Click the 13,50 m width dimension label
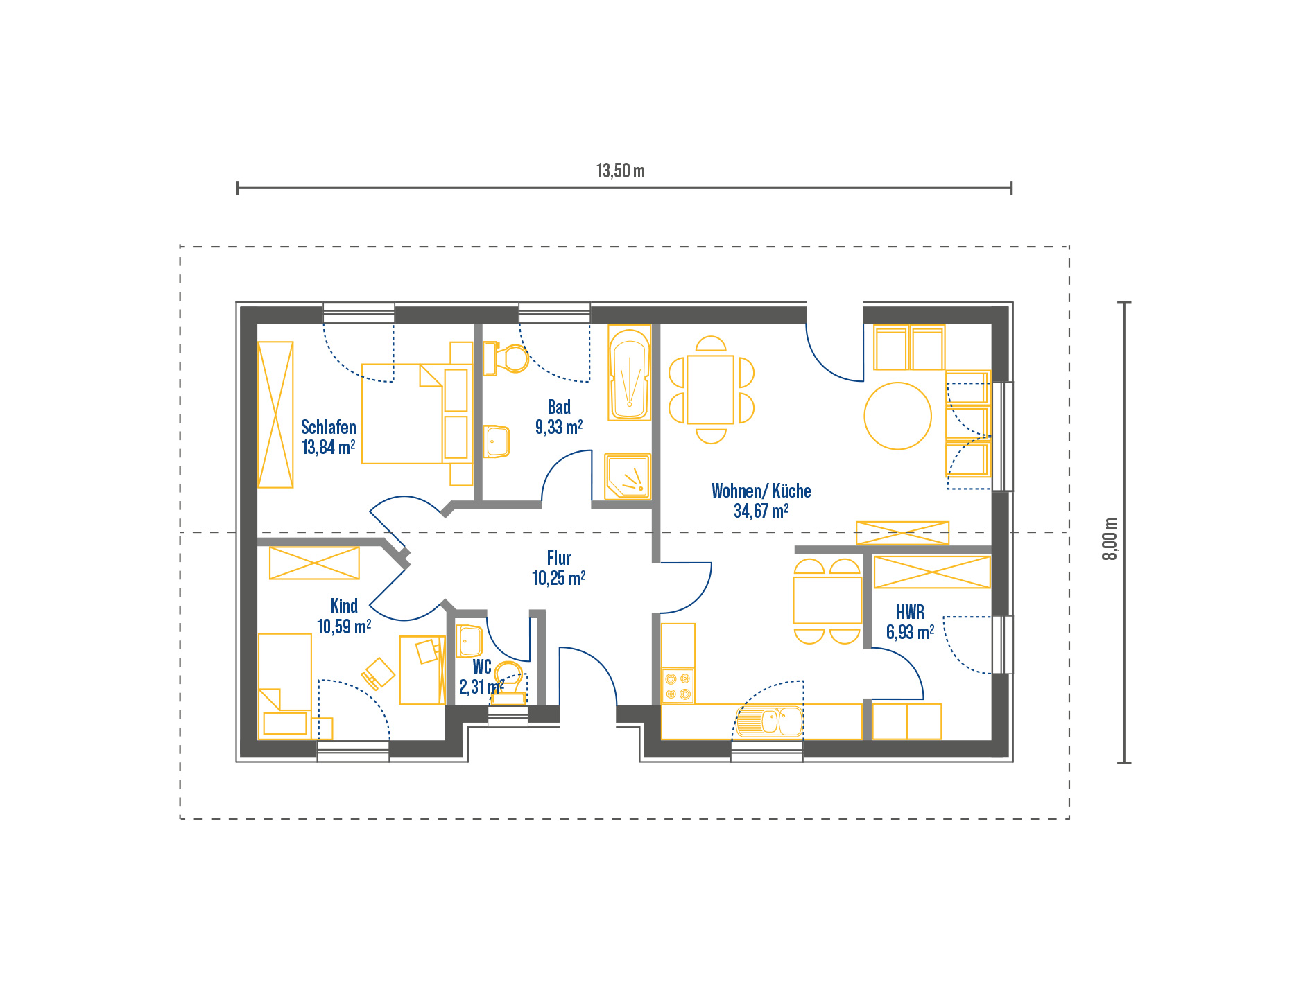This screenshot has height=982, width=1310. tap(621, 170)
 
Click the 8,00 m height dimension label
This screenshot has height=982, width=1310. tap(1110, 538)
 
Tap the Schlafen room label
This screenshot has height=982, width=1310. tap(329, 427)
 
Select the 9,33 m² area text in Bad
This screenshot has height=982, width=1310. tap(559, 427)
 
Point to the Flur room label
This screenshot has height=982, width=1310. tap(559, 558)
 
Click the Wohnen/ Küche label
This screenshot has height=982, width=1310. tap(761, 491)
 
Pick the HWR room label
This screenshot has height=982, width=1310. tap(911, 612)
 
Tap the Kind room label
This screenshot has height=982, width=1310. tap(344, 606)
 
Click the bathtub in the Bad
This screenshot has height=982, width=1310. tap(630, 373)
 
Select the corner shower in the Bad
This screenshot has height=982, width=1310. tap(628, 476)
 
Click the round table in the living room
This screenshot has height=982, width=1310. tap(897, 416)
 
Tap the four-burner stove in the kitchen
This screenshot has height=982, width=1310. tap(678, 686)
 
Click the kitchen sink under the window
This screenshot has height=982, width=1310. tap(768, 721)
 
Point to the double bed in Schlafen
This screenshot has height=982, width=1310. tap(417, 414)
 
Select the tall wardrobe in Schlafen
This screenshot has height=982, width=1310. tap(275, 414)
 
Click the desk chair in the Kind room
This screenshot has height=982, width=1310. tap(378, 674)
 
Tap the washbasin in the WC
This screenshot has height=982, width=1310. tap(469, 641)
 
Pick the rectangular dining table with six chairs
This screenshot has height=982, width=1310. tap(711, 389)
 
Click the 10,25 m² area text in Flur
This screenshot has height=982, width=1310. tap(559, 578)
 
